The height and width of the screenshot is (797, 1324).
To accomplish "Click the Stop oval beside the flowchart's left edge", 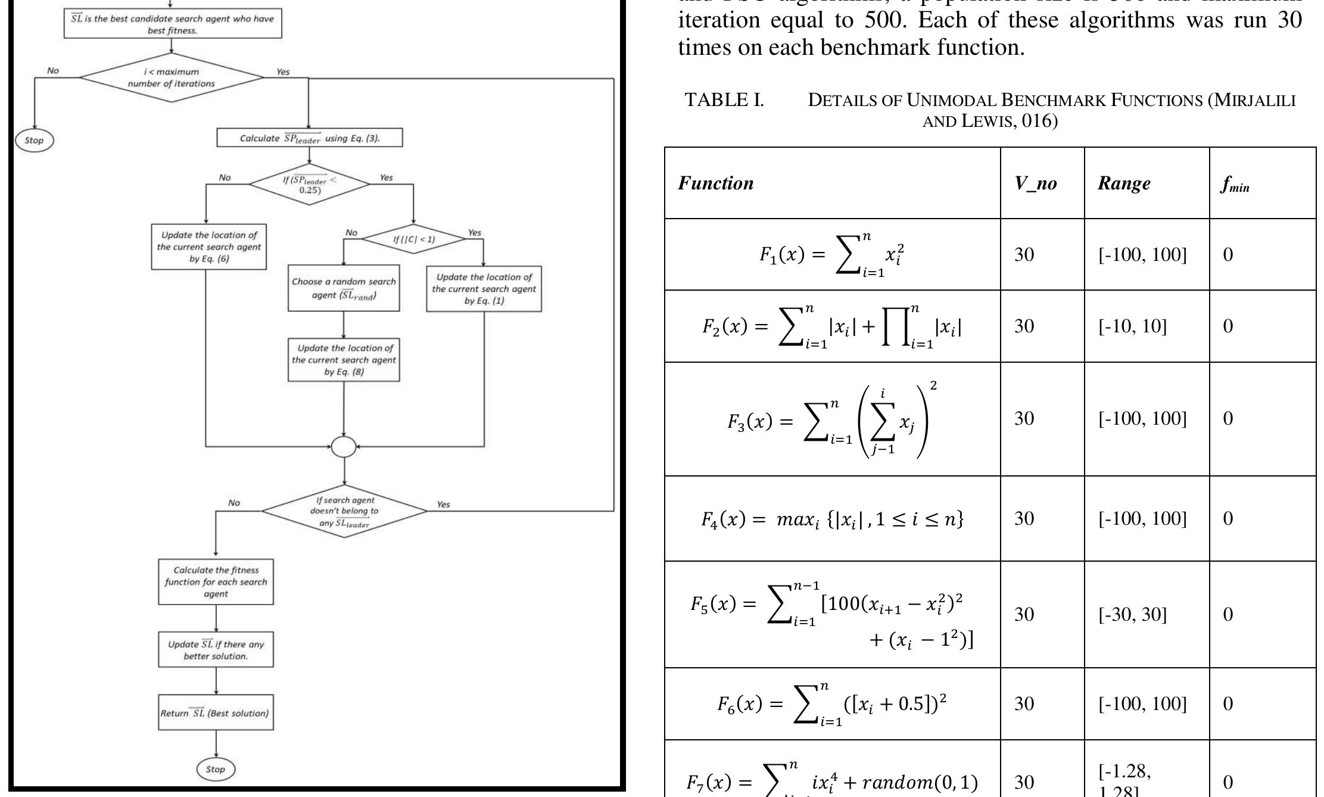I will pos(34,141).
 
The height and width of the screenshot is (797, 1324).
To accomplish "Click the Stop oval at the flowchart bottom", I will pos(216,769).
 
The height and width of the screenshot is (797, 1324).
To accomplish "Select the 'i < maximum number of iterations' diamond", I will pos(172,77).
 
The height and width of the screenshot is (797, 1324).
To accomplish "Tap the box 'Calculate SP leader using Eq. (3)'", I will pos(310,138).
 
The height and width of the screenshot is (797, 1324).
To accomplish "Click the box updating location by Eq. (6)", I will pos(208,247).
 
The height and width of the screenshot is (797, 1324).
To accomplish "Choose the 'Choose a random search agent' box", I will pos(344,288).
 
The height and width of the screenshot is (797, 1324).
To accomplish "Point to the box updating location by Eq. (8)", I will pos(344,360).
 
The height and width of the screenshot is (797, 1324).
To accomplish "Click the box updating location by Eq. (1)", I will pos(484,289).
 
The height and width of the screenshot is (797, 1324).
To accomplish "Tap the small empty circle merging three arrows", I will pos(344,446).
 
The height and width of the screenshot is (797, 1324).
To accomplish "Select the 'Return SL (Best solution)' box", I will pos(216,712).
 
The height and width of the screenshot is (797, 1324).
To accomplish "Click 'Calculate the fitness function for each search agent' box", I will pos(216,582).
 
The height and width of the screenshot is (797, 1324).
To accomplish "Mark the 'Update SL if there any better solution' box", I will pos(216,650).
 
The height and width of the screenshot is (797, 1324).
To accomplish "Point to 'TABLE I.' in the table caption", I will pos(724,100).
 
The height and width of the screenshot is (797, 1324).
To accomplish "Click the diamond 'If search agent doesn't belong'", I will pos(344,511).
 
